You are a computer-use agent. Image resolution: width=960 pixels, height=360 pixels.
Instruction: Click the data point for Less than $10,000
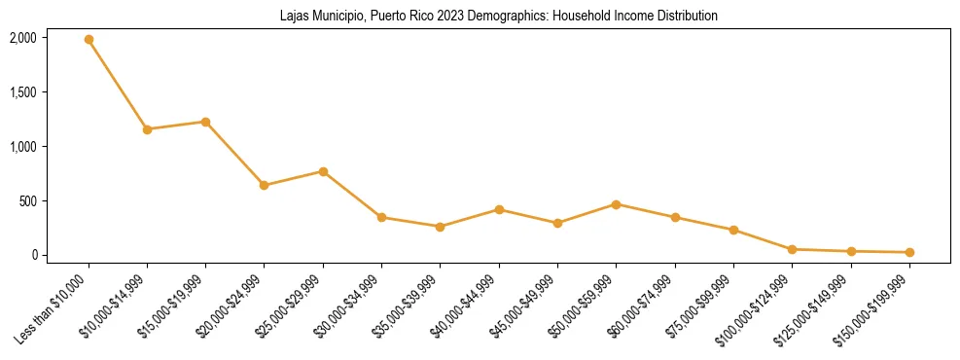(x=89, y=40)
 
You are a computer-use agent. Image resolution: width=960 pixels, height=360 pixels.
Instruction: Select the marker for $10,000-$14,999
(x=147, y=129)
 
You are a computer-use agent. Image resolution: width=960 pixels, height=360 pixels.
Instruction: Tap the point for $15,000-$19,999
(x=205, y=122)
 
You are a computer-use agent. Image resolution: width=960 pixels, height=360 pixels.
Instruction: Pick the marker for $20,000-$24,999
(x=265, y=185)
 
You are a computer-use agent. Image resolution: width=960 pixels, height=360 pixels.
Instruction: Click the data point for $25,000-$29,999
(x=323, y=171)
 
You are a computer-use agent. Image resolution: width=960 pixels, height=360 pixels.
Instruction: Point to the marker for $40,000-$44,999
(x=499, y=209)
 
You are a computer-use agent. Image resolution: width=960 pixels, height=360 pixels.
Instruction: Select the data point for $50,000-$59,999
(x=616, y=204)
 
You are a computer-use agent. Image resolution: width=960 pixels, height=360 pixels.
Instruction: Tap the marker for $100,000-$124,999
(x=792, y=249)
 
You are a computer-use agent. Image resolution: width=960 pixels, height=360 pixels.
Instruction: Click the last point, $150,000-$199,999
(x=909, y=252)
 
